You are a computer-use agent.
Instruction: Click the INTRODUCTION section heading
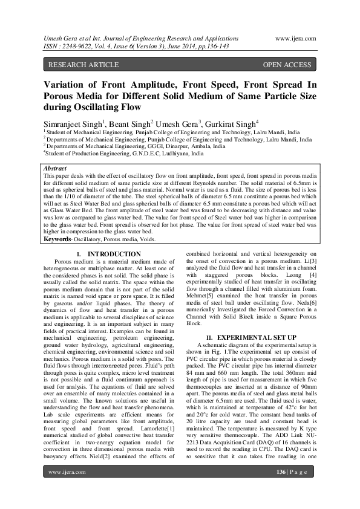[114, 254]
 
